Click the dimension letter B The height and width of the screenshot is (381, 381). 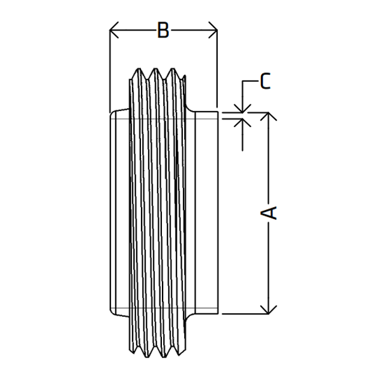click(163, 30)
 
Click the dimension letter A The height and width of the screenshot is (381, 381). click(269, 213)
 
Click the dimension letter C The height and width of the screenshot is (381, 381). click(265, 81)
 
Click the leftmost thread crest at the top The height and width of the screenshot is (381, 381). click(138, 69)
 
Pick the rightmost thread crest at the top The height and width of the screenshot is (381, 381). click(173, 69)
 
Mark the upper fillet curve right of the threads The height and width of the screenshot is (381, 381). click(189, 109)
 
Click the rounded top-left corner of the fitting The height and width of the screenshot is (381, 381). click(112, 113)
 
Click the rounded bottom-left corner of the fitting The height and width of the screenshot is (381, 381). click(112, 313)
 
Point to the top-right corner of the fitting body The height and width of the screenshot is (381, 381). click(218, 112)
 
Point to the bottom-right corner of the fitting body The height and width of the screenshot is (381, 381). click(218, 314)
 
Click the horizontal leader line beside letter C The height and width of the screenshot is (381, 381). click(250, 81)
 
